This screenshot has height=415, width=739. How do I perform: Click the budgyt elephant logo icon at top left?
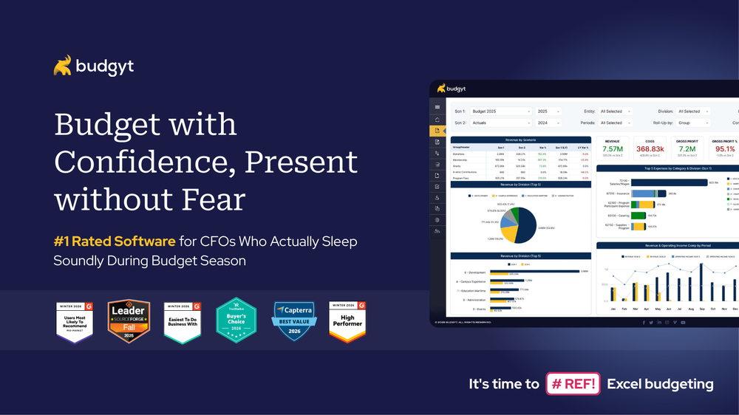coord(62,66)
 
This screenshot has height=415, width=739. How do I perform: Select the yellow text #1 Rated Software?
coord(115,241)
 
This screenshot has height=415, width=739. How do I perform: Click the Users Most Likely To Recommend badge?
coord(75,321)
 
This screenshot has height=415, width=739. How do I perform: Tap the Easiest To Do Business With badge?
coord(182,321)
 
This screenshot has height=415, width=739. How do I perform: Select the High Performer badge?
coord(347,321)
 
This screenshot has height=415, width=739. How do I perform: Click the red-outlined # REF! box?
coord(572,384)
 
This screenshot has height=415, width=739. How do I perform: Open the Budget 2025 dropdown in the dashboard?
coord(501,112)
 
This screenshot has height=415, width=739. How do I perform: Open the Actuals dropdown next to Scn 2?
coord(501,123)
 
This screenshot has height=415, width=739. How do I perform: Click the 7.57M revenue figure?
coord(612,148)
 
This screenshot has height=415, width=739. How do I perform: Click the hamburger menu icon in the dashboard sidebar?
coord(437,108)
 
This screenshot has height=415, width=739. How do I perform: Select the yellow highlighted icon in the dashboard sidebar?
coord(437,131)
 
